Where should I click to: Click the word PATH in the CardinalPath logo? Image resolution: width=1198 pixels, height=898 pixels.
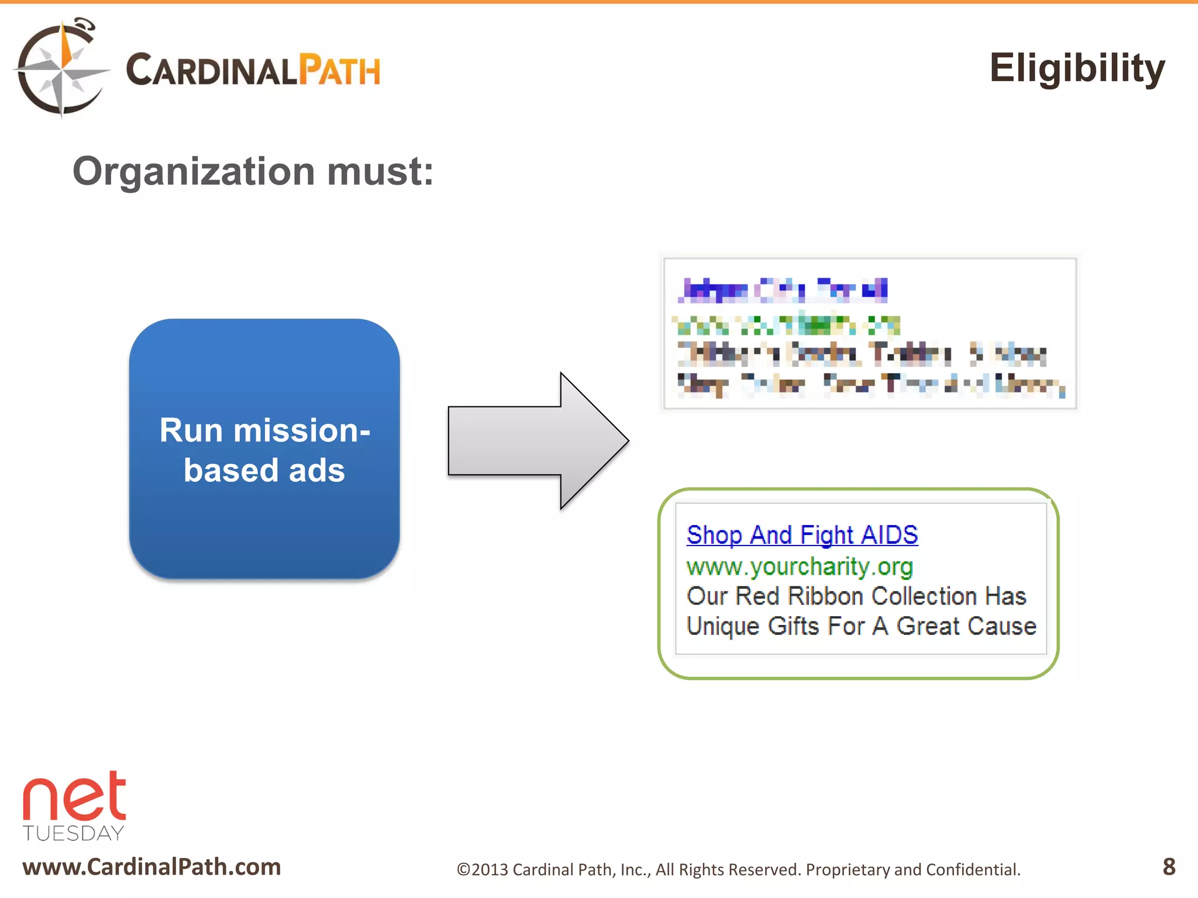pyautogui.click(x=339, y=71)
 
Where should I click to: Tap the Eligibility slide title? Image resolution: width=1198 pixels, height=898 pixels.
pyautogui.click(x=1076, y=69)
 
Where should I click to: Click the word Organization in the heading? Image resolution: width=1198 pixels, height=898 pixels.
pyautogui.click(x=194, y=172)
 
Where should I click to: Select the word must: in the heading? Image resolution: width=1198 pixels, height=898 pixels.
pyautogui.click(x=380, y=172)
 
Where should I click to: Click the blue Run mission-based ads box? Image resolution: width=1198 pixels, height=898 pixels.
pyautogui.click(x=264, y=449)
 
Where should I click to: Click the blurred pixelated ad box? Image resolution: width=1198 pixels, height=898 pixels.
pyautogui.click(x=869, y=333)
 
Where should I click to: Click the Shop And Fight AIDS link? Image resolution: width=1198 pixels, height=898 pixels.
pyautogui.click(x=802, y=535)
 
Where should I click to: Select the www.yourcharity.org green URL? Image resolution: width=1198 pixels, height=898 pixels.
pyautogui.click(x=799, y=567)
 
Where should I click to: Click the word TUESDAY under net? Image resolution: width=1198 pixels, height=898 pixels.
pyautogui.click(x=74, y=833)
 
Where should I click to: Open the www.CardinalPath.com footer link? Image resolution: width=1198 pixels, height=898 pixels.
pyautogui.click(x=152, y=866)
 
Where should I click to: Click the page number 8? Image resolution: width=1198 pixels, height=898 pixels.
pyautogui.click(x=1169, y=866)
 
